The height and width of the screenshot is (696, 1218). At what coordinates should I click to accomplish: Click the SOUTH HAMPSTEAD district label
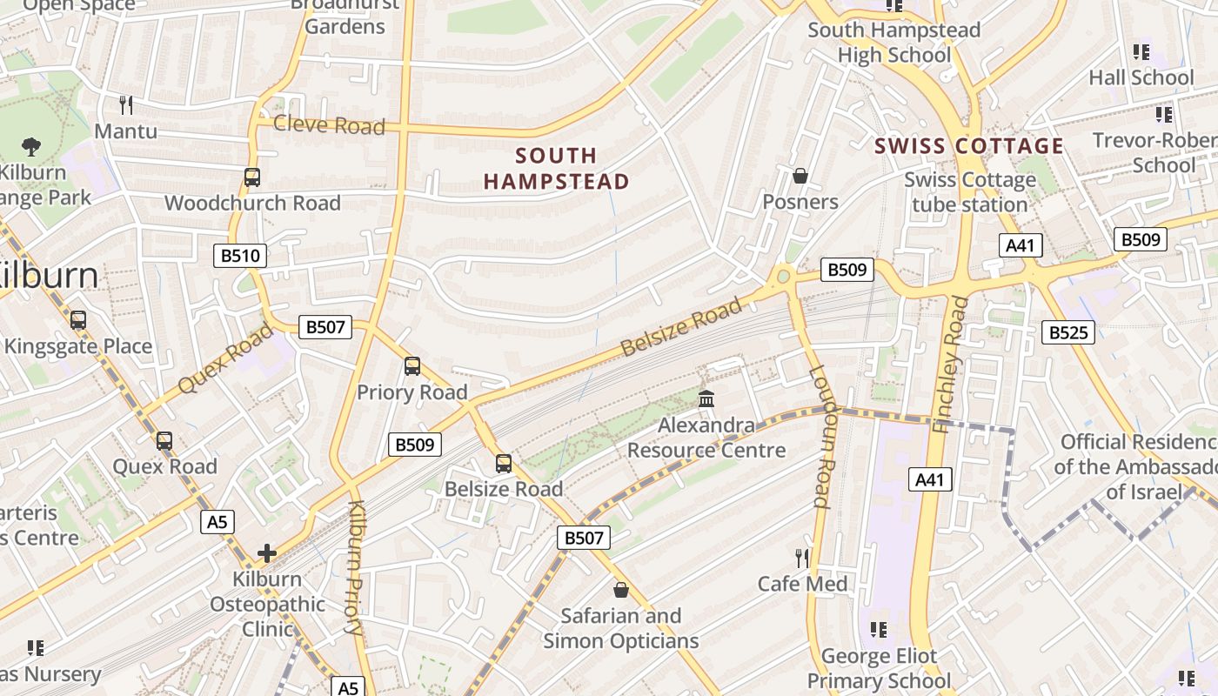coord(557,168)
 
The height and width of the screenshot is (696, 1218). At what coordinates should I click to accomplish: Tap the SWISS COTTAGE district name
coord(969,145)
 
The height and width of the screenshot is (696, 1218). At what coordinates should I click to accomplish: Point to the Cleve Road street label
coord(329,125)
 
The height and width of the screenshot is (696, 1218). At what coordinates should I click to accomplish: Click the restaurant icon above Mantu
coord(126,105)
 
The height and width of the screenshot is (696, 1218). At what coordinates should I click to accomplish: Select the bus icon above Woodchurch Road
coord(252,177)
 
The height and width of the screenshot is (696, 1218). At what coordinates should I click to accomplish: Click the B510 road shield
coord(240,256)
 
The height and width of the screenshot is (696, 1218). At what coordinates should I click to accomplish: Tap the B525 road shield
coord(1068,331)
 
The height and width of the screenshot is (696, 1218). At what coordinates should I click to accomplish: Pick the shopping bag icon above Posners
coord(800,176)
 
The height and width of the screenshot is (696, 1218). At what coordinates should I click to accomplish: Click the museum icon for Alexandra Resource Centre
coord(706,399)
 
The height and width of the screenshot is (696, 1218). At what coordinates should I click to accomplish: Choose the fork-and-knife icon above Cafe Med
coord(802,558)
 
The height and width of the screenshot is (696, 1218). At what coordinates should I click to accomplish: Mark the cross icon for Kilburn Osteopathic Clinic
coord(267,552)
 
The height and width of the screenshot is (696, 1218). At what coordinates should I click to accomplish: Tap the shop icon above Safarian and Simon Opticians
coord(621,590)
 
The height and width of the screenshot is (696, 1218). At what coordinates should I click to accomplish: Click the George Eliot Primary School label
coord(880,668)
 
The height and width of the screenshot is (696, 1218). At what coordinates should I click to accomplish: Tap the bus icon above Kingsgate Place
coord(78,320)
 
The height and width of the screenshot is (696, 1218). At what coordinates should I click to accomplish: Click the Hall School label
coord(1141,77)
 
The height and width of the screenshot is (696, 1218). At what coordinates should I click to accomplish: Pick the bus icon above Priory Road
coord(412,366)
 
